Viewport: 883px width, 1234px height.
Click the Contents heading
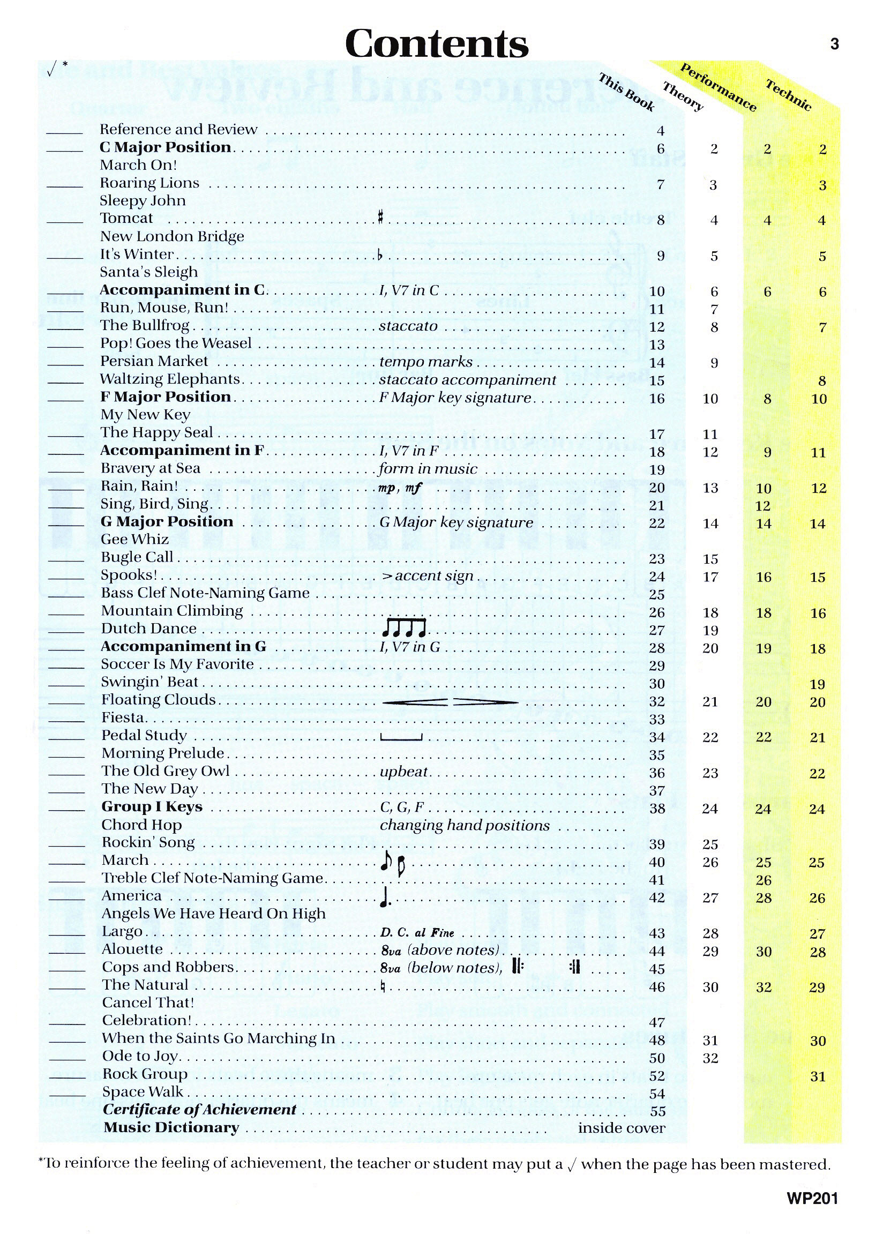(x=437, y=43)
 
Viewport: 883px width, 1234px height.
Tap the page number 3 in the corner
(x=835, y=44)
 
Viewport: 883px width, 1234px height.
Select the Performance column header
(x=718, y=87)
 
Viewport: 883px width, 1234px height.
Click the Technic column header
(x=788, y=95)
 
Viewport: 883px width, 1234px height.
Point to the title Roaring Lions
(x=149, y=183)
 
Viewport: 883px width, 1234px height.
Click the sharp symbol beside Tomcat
(x=380, y=219)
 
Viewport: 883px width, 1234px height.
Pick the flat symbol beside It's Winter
(x=380, y=255)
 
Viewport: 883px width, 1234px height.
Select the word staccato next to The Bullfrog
(x=408, y=326)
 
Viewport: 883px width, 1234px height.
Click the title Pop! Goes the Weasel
(x=176, y=343)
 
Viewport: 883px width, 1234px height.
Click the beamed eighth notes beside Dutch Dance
(x=403, y=628)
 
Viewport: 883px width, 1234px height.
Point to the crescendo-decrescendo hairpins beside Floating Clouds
(x=450, y=702)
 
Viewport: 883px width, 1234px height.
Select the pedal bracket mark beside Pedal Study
(x=401, y=738)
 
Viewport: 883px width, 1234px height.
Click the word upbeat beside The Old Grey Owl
(x=404, y=772)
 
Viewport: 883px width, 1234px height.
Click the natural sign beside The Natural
(x=383, y=986)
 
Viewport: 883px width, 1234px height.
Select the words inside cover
(x=621, y=1128)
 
